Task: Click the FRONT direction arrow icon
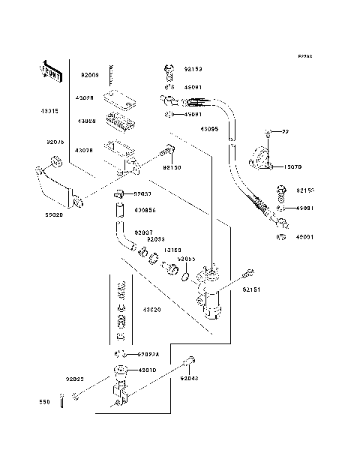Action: click(49, 72)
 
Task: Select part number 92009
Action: click(90, 76)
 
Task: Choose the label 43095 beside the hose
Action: click(209, 129)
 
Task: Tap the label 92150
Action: click(172, 169)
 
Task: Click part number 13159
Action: click(172, 250)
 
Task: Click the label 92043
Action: click(189, 379)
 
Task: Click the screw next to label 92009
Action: click(110, 75)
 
